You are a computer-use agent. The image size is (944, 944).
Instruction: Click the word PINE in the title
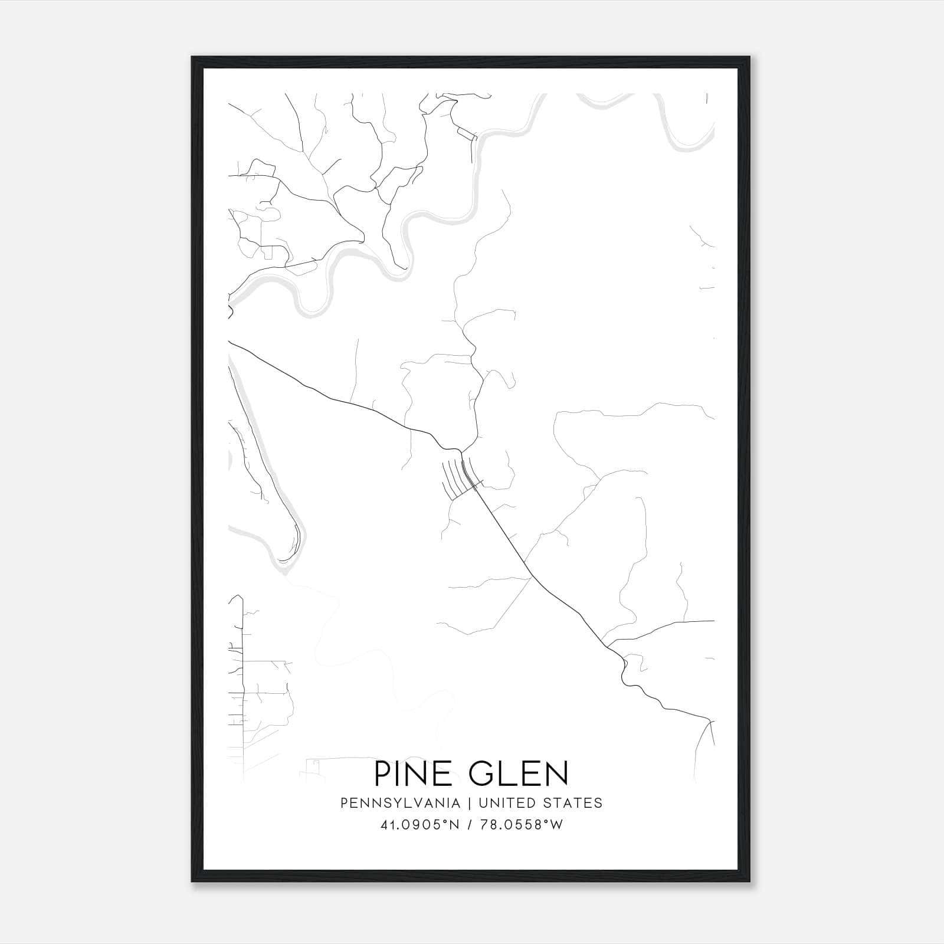click(x=410, y=773)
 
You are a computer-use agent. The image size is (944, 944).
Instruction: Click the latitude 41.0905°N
click(x=419, y=825)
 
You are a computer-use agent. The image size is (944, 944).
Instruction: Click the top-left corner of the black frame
click(x=192, y=57)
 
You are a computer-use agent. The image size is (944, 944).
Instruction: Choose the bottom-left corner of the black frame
click(x=192, y=881)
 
